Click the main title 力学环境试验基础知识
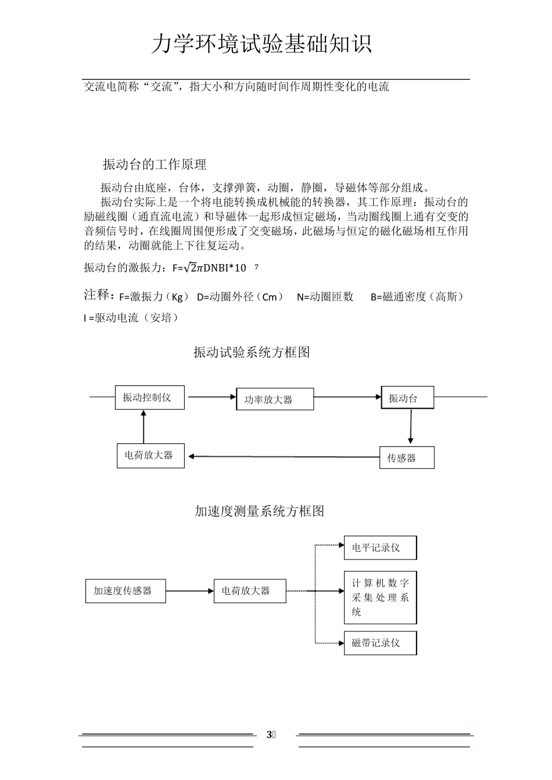pos(261,44)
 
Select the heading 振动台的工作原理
pos(155,165)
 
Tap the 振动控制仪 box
pos(150,398)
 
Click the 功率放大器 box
pos(275,399)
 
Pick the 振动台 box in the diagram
pos(407,398)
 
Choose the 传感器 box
pos(407,457)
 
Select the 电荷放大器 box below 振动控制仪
pos(151,456)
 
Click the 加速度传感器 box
pos(126,591)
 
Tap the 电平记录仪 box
pos(380,548)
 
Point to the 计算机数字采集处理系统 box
pos(380,597)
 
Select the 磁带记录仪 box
pos(380,643)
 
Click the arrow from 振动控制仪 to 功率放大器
pos(210,397)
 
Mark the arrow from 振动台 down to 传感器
pos(411,427)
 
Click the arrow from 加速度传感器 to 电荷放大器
pos(190,591)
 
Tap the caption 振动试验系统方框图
pos(252,352)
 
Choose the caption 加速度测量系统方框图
pos(259,511)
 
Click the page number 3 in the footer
pos(269,735)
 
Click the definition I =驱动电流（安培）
pos(131,318)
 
